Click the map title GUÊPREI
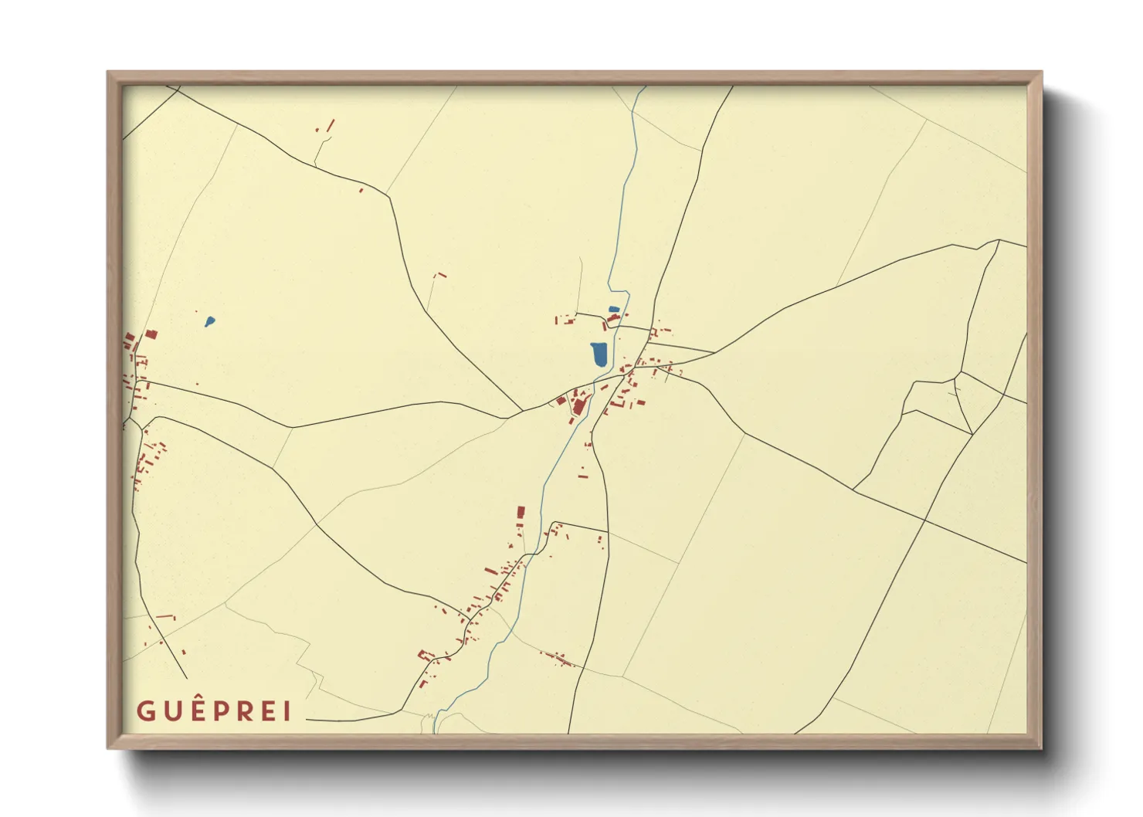[214, 710]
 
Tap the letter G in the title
[145, 711]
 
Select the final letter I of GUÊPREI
[287, 711]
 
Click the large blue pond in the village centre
[599, 354]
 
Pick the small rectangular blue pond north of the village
[614, 310]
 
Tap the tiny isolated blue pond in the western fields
[209, 321]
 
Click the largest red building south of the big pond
[579, 405]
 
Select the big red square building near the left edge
[151, 334]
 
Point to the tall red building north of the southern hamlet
[521, 513]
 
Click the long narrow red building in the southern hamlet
[490, 571]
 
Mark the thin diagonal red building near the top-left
[331, 124]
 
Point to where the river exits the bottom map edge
[436, 731]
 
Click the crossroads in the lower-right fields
[924, 520]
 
